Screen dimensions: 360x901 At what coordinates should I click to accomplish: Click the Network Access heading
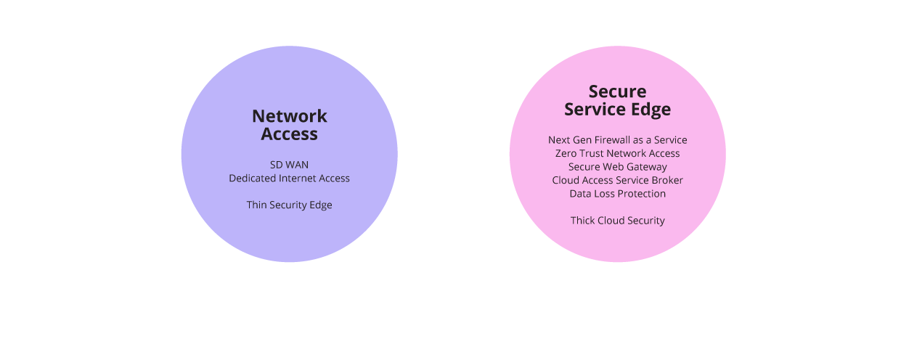coord(289,125)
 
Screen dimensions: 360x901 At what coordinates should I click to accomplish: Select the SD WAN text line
coord(289,165)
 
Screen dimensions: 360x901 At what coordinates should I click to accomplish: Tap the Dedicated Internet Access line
coord(289,178)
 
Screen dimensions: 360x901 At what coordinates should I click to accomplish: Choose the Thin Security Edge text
coord(289,205)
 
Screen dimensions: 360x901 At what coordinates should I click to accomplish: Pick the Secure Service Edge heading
coord(617,101)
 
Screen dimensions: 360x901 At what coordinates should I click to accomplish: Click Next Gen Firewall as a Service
coord(617,139)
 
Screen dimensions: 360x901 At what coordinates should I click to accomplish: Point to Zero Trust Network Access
coord(617,153)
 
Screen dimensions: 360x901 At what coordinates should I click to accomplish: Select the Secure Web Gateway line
coord(617,167)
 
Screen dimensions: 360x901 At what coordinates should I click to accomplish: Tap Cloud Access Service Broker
coord(617,180)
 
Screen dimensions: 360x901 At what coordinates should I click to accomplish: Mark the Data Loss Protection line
coord(617,194)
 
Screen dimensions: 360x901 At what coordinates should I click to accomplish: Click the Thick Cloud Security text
coord(617,221)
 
